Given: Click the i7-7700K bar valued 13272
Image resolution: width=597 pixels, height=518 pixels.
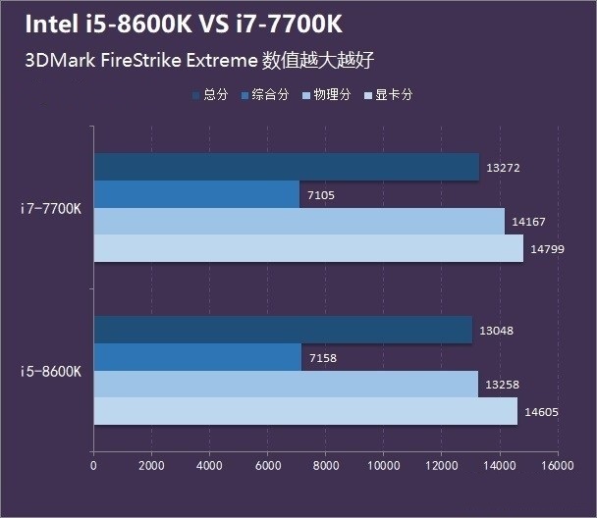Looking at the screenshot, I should point(287,167).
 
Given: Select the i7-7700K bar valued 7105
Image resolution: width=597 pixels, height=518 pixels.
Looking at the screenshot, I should point(196,194).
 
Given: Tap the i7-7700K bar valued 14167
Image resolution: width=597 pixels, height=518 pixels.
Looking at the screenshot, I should point(299,222).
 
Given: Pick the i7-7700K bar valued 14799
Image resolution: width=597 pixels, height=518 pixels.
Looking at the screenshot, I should point(308,248).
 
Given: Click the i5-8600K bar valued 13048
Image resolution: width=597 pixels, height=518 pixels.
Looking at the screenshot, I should point(283,331).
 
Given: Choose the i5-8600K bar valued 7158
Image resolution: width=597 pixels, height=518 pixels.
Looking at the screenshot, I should point(197,358).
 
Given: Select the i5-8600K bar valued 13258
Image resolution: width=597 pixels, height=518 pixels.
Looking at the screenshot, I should point(286,385).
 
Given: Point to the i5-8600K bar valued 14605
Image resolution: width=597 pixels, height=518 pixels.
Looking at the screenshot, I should point(305,411).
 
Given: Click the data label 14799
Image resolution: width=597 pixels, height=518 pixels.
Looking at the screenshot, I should point(545,249).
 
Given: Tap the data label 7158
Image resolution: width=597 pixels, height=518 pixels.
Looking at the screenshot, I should point(322,358).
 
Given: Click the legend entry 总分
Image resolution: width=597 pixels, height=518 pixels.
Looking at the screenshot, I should point(216,95).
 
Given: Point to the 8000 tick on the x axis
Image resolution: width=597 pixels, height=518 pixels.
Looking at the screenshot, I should point(325,467).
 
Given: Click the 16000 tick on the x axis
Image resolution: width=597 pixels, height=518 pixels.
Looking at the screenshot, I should point(557,467).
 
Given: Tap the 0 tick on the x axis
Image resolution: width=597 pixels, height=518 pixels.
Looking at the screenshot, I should point(93,467).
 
